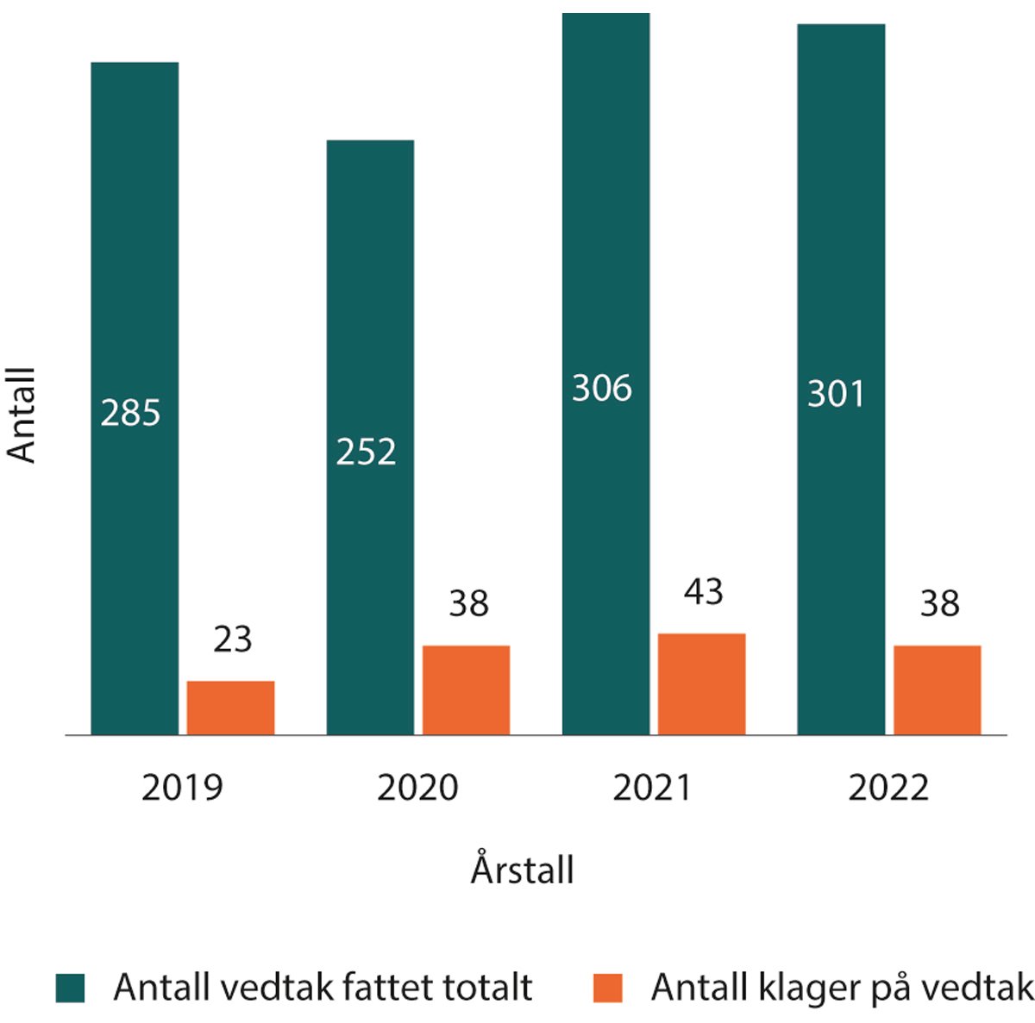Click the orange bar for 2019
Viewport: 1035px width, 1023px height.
pyautogui.click(x=231, y=708)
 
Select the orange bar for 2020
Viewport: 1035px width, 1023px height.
pyautogui.click(x=466, y=689)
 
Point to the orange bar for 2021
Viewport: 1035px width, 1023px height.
pyautogui.click(x=701, y=683)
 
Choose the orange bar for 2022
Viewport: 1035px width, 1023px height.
pyautogui.click(x=937, y=689)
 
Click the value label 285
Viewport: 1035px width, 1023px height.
pyautogui.click(x=131, y=413)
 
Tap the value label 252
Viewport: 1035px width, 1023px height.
pyautogui.click(x=367, y=452)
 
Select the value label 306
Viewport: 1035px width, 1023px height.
pyautogui.click(x=602, y=388)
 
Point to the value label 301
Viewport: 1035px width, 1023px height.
pyautogui.click(x=836, y=394)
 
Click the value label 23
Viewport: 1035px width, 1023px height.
pyautogui.click(x=232, y=639)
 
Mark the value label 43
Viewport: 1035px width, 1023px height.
pyautogui.click(x=703, y=592)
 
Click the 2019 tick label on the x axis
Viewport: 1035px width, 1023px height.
pyautogui.click(x=182, y=788)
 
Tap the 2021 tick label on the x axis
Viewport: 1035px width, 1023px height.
pyautogui.click(x=652, y=788)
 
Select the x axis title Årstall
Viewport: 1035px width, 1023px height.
pyautogui.click(x=522, y=869)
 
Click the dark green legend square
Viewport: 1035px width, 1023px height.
pyautogui.click(x=71, y=988)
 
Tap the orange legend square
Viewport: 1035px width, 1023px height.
pyautogui.click(x=608, y=988)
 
